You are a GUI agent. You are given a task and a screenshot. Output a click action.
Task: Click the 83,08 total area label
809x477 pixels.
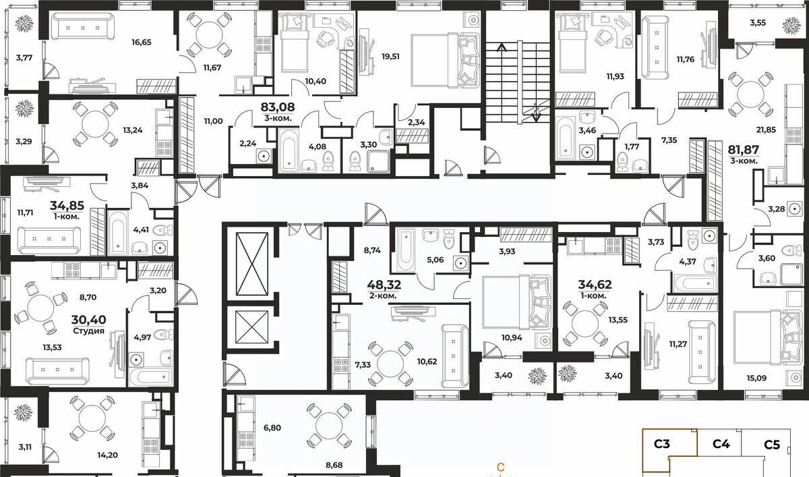point(278,107)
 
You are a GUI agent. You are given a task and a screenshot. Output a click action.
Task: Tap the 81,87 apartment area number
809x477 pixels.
point(744,149)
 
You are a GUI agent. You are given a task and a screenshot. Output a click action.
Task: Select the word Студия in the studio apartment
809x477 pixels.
point(88,331)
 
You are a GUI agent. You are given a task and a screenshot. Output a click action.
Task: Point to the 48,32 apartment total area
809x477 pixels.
point(384,285)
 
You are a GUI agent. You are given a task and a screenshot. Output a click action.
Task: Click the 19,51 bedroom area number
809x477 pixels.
point(391,57)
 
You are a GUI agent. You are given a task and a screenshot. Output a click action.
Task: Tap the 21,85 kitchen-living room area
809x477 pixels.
point(766,130)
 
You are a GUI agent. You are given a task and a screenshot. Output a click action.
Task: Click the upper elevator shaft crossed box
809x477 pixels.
point(251,263)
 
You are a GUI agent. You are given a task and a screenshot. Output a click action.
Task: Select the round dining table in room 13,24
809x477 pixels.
point(95,123)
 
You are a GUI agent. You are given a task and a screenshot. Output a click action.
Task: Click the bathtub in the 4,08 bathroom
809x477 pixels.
point(289,150)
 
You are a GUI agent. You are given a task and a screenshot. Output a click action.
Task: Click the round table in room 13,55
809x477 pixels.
point(585,323)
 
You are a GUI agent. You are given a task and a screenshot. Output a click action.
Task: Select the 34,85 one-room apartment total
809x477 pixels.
point(67,206)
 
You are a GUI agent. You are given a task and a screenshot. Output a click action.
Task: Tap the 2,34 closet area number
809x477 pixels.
point(417,122)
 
